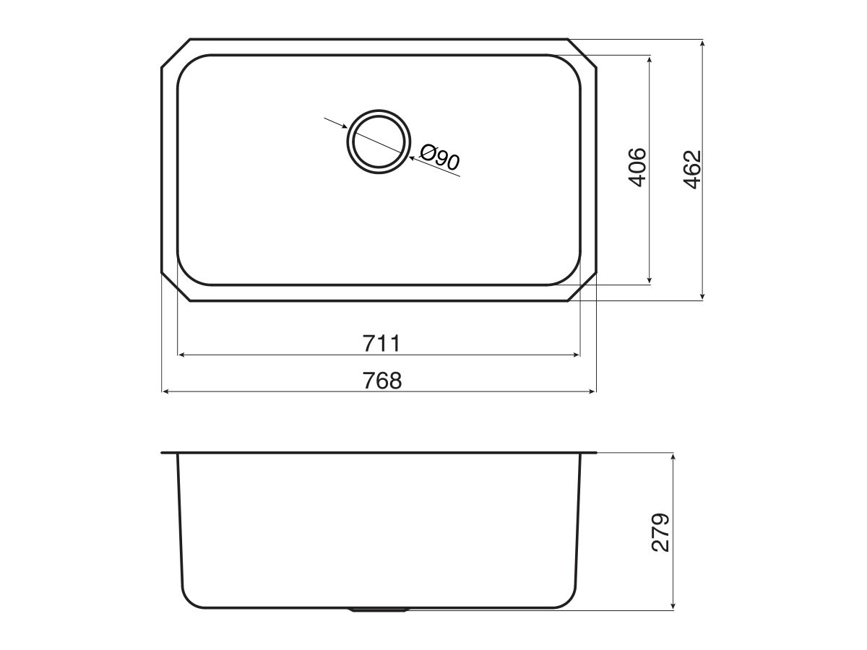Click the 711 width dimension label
pos(380,342)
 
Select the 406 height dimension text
pos(637,167)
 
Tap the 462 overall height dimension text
pos(691,169)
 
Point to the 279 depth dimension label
pos(660,532)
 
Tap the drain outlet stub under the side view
pos(379,610)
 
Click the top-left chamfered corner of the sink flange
pos(175,53)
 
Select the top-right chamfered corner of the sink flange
pos(583,53)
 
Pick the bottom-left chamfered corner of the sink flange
pos(175,287)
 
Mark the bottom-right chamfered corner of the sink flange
pos(583,287)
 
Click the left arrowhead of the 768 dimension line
pos(165,391)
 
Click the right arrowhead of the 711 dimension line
pos(576,355)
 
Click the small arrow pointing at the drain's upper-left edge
pos(342,126)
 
